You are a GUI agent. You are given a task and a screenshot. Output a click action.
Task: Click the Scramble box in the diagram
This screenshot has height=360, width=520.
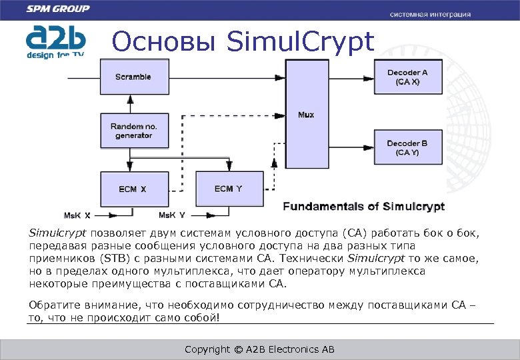pos(133,77)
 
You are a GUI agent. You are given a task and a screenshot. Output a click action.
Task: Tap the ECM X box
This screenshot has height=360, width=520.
pos(133,189)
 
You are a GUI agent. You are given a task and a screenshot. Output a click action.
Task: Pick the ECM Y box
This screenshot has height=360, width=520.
pos(228,189)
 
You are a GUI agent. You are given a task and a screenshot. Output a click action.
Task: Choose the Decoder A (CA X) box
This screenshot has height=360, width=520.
pos(407,77)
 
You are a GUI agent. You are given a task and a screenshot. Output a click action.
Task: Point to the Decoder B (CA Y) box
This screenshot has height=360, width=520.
pos(407,147)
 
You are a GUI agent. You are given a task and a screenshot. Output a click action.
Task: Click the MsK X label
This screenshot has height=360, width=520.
pos(77,215)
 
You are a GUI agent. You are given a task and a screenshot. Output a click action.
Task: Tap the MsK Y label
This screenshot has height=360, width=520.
pos(172,215)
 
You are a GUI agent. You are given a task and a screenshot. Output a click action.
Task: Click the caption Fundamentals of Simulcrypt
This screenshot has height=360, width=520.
pos(363,207)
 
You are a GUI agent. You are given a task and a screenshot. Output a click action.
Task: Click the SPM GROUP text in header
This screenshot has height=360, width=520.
pos(58,9)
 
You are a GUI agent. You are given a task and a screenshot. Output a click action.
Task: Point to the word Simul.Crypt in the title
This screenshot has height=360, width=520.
pos(301,42)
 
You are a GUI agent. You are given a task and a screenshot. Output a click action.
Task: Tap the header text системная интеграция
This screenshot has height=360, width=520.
pos(430,14)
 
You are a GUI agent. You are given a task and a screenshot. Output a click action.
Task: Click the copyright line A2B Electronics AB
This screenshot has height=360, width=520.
pos(259,349)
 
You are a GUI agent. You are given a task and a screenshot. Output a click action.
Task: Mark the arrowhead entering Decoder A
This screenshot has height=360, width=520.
pos(369,77)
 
